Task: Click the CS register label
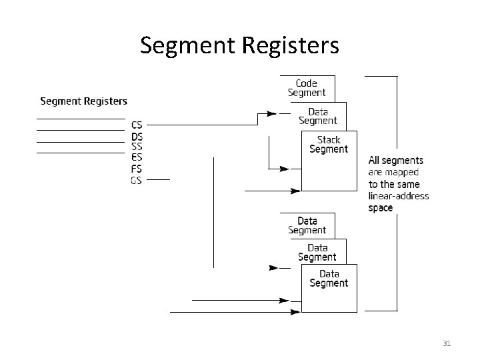click(x=137, y=125)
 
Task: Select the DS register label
click(x=137, y=136)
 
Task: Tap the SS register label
click(x=137, y=147)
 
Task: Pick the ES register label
click(x=137, y=158)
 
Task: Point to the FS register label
click(x=137, y=169)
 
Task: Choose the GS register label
click(x=137, y=180)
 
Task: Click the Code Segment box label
click(x=307, y=88)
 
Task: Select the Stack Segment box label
click(x=329, y=144)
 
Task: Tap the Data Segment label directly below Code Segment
click(x=318, y=116)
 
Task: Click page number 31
click(x=447, y=343)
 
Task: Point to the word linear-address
click(x=399, y=196)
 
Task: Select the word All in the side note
click(x=375, y=160)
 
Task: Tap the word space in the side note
click(x=381, y=208)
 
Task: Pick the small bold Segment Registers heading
click(x=83, y=101)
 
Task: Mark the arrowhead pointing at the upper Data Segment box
click(x=271, y=114)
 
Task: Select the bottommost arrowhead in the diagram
click(x=295, y=311)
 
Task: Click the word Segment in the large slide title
click(x=182, y=45)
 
